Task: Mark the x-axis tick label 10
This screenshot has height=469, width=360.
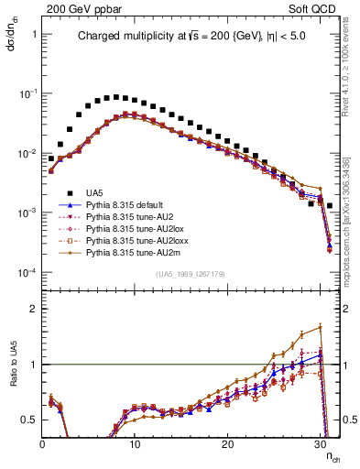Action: [135, 443]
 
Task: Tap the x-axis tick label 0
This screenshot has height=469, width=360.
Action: [42, 443]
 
